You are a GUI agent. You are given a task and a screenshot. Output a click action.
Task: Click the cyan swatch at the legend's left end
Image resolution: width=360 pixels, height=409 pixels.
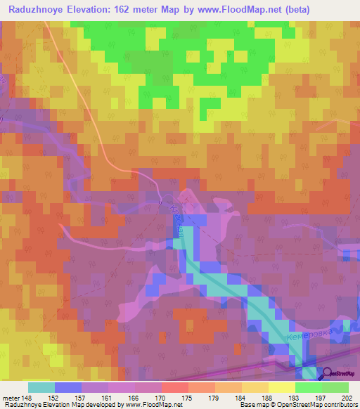[x=41, y=387]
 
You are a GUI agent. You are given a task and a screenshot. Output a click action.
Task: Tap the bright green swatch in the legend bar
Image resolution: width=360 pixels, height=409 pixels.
[x=308, y=387]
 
